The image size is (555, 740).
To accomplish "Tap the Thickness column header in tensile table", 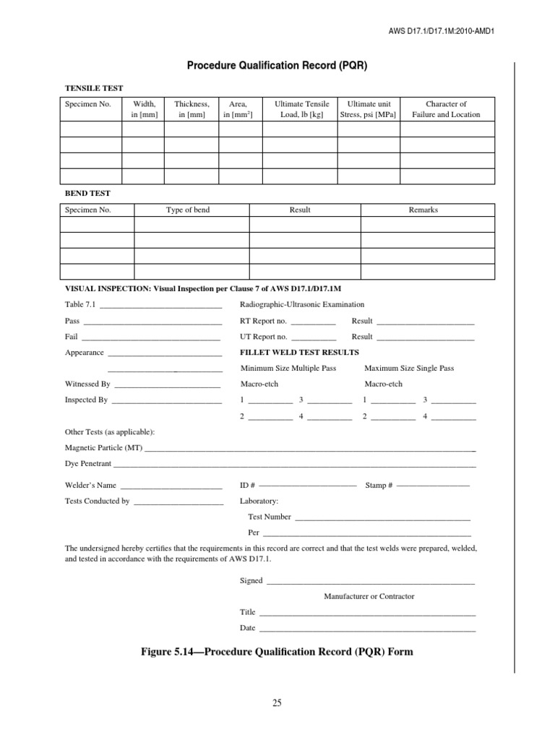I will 192,109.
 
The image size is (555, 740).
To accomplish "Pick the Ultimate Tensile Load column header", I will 301,109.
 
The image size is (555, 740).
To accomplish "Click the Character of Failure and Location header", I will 446,109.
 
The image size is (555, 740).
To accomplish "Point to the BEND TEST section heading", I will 87,194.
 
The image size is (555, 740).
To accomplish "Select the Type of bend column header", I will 188,210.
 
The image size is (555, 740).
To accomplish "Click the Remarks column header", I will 423,210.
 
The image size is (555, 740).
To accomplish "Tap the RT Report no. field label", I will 263,321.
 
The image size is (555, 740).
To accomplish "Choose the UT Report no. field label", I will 263,337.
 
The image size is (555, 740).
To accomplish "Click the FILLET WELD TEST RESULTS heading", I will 299,353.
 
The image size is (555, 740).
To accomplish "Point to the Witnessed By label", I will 87,384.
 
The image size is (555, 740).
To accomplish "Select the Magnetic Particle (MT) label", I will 104,448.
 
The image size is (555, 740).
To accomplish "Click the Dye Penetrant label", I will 88,463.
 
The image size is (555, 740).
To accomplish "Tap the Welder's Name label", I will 90,486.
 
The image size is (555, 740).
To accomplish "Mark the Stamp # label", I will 379,486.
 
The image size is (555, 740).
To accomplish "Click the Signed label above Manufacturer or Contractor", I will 251,580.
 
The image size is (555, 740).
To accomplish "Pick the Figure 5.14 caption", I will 277,652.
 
